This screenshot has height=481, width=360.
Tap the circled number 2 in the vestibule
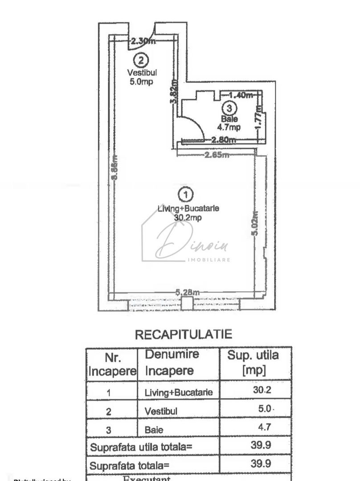(x=141, y=59)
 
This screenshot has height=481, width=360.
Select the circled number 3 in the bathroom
(x=229, y=107)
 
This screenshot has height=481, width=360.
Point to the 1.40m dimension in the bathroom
(x=240, y=95)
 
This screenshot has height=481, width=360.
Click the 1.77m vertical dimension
(x=258, y=117)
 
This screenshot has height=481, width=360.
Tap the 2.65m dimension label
(x=217, y=155)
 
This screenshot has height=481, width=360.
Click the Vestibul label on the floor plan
(x=142, y=73)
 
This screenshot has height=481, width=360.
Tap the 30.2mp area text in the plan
(x=188, y=218)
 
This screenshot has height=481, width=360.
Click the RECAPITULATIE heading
(x=184, y=334)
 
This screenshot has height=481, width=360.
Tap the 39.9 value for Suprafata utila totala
(x=261, y=444)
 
